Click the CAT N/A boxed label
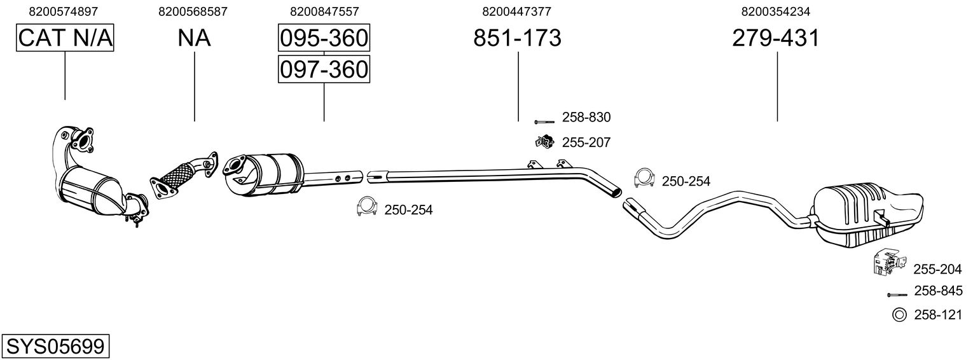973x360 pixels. [65, 39]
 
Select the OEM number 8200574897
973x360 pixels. [65, 11]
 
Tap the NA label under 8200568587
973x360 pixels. [194, 39]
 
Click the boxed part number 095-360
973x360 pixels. [324, 39]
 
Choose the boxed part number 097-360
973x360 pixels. [324, 69]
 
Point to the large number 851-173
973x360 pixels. [517, 39]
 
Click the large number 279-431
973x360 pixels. [776, 39]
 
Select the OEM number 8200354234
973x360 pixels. [776, 11]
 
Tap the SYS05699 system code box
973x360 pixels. [55, 347]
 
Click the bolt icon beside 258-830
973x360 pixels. [544, 121]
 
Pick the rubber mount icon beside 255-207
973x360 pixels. [544, 142]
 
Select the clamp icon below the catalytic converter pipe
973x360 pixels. [367, 207]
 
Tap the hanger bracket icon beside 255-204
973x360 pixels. [887, 263]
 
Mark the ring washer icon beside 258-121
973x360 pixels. [899, 314]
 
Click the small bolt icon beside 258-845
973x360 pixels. [897, 294]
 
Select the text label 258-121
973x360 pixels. [938, 315]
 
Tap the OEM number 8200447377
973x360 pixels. [517, 11]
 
